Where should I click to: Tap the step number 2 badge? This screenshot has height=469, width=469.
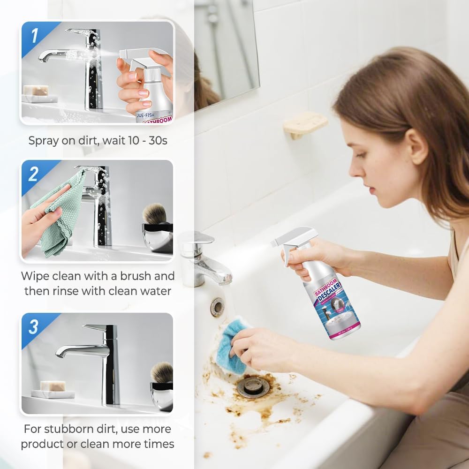tap(33, 174)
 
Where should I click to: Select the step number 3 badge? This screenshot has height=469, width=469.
tap(33, 327)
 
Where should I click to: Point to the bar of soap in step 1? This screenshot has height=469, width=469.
tap(37, 90)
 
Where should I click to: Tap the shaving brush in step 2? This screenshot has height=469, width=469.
tap(154, 214)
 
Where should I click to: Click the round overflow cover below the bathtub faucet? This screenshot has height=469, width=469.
tap(217, 307)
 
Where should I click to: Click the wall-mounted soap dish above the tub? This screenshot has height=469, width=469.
tap(305, 123)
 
